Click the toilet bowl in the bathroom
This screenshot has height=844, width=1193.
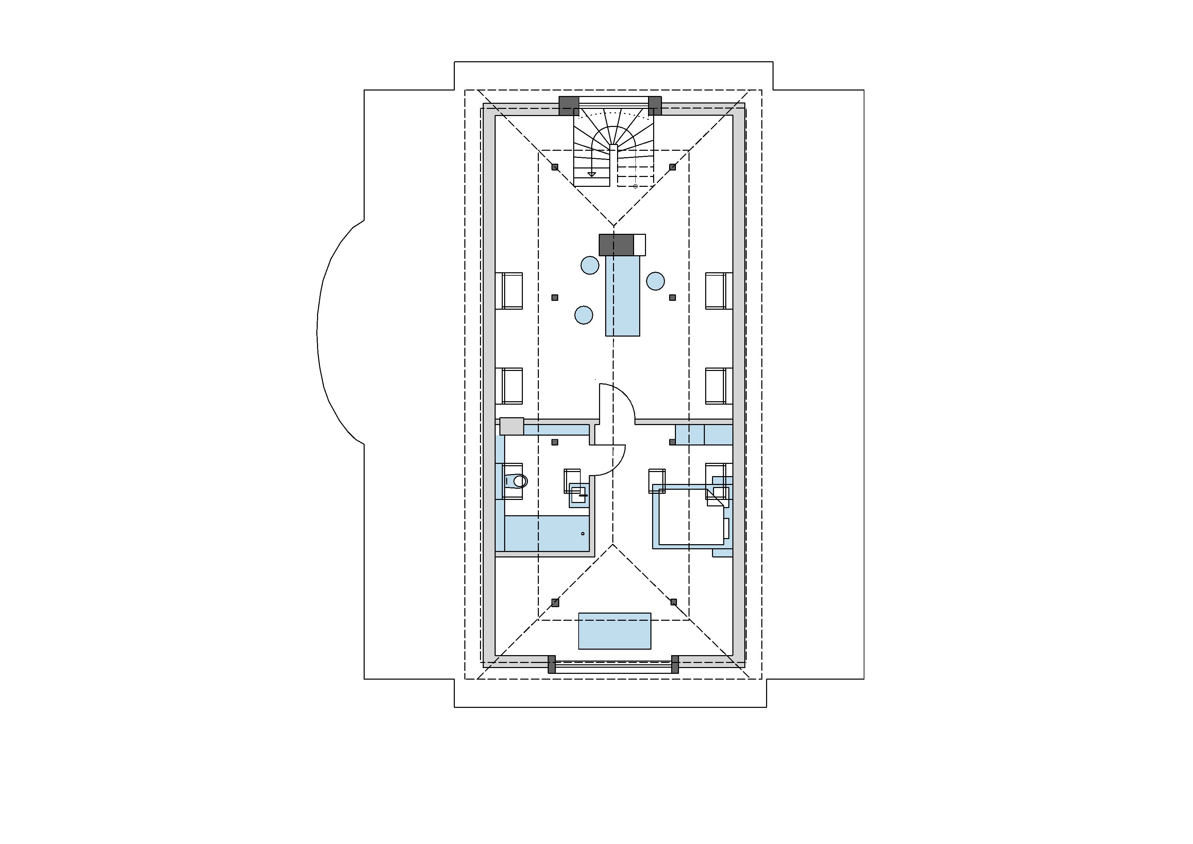point(519,481)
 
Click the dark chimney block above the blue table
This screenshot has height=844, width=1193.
point(616,245)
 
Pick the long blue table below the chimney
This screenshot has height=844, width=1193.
point(623,296)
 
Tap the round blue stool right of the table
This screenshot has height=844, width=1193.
point(655,281)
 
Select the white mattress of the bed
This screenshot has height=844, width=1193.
point(691,517)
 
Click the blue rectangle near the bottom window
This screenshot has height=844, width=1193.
point(615,631)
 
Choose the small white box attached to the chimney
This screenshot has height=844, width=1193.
point(640,245)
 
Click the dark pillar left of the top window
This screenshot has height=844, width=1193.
point(569,106)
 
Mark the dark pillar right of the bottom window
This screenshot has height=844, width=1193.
point(675,664)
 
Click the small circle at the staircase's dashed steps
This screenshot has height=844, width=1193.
point(635,186)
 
